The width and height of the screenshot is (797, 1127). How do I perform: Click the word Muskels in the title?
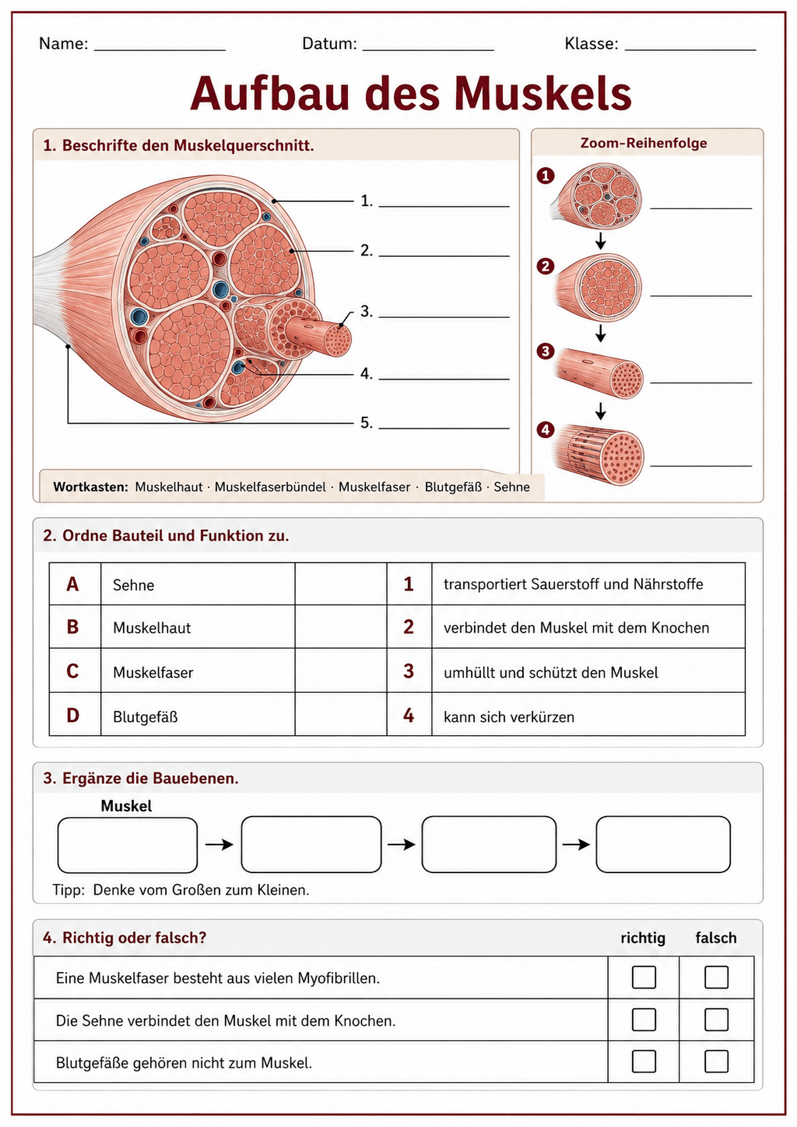click(x=542, y=94)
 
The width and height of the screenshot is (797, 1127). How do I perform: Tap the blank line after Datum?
click(x=428, y=50)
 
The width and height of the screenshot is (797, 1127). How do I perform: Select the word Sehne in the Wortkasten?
click(x=512, y=487)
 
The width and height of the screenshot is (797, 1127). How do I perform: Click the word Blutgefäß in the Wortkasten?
click(x=453, y=487)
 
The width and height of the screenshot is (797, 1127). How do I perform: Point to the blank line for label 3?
click(x=444, y=317)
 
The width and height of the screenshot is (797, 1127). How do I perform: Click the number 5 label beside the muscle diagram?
click(x=366, y=422)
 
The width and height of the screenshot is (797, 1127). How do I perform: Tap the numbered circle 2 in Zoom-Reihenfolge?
click(x=545, y=266)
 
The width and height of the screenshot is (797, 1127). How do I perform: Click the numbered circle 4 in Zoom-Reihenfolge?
click(x=545, y=429)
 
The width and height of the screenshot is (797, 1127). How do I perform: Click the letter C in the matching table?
click(x=73, y=671)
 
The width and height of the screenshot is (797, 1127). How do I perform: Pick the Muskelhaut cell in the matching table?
click(x=198, y=626)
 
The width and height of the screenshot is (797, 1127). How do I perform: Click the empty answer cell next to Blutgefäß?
click(x=341, y=714)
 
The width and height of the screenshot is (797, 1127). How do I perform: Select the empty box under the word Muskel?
click(x=128, y=845)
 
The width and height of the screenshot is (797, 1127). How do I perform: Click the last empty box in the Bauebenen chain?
click(x=663, y=844)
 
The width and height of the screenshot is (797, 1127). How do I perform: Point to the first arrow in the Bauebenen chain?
click(x=219, y=844)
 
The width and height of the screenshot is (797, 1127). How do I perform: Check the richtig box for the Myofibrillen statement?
click(x=644, y=977)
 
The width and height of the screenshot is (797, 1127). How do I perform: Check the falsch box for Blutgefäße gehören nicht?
click(x=716, y=1061)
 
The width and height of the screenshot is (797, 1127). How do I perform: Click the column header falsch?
click(x=716, y=938)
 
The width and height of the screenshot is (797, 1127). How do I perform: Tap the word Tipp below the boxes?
click(x=69, y=890)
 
